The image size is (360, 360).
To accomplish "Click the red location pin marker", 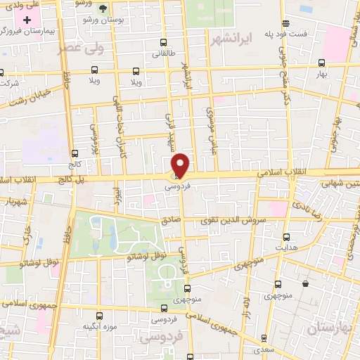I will [x=181, y=165].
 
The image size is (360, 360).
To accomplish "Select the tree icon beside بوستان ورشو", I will [x=103, y=9].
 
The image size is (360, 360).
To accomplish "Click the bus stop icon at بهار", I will [x=322, y=63].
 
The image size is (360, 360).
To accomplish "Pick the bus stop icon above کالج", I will [x=75, y=153].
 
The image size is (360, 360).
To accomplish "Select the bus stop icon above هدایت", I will [x=285, y=237].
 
